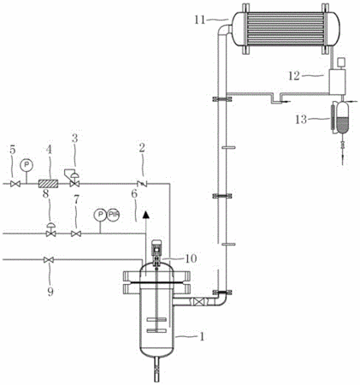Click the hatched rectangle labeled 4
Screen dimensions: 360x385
click(x=48, y=184)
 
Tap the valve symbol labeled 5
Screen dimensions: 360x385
click(x=15, y=184)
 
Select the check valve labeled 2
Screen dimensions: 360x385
click(x=142, y=184)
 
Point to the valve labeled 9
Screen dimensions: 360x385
click(x=49, y=260)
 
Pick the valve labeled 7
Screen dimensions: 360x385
click(x=76, y=234)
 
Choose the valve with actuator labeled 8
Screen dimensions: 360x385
click(x=50, y=230)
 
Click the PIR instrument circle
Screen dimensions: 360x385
click(x=113, y=215)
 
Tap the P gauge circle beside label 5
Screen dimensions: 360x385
click(x=27, y=164)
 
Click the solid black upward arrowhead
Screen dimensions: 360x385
click(x=146, y=215)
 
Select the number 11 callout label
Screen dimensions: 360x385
click(x=200, y=20)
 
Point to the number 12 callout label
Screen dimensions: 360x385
click(x=294, y=76)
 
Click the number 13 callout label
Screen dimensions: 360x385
click(x=301, y=119)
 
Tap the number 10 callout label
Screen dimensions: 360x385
click(x=191, y=258)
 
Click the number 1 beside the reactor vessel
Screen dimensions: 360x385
click(x=202, y=337)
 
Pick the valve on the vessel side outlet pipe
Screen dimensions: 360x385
click(x=198, y=302)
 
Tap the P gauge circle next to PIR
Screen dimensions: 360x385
click(x=100, y=215)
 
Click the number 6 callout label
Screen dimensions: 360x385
click(x=134, y=193)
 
